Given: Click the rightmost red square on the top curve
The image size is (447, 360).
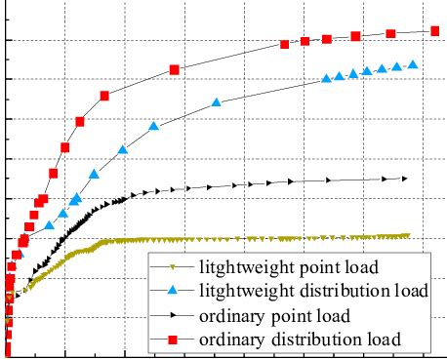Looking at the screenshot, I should (432, 31).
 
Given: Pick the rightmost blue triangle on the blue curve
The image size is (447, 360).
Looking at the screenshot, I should (414, 64).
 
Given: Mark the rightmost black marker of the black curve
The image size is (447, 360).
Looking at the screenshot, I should (404, 179).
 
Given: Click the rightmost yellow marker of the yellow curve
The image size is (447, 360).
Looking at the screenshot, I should (406, 235).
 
